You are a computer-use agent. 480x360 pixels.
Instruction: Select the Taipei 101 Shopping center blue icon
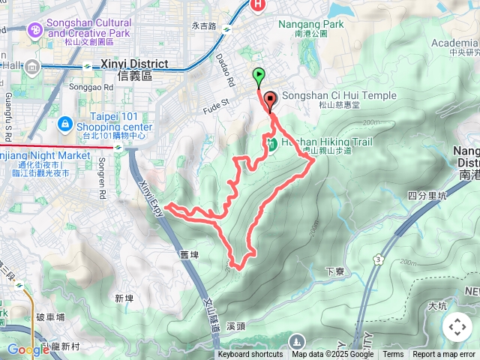click(x=64, y=122)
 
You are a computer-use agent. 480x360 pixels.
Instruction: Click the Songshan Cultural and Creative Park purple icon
click(x=34, y=29)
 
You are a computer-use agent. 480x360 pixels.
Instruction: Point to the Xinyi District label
click(x=136, y=64)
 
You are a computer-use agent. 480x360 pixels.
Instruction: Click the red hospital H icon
click(x=259, y=5)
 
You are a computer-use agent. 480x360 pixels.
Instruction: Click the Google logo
click(x=28, y=349)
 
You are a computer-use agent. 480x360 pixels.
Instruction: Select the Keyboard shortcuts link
click(x=250, y=355)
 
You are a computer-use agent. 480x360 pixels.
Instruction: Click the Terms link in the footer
click(x=393, y=355)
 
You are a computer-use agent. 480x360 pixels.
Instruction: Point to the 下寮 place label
click(x=334, y=271)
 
